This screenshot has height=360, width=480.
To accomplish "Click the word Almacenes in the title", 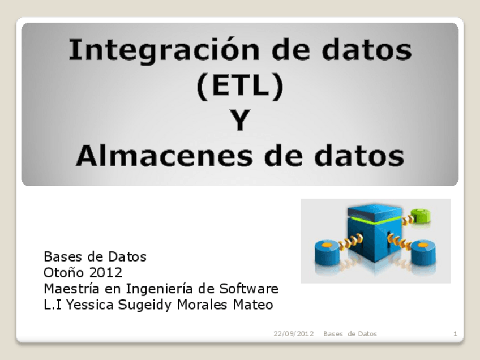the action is (x=164, y=155).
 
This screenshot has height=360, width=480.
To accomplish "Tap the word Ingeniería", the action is (x=160, y=289).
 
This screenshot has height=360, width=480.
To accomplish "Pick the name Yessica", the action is (x=89, y=305).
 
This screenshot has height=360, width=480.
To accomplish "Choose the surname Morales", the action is (x=202, y=305).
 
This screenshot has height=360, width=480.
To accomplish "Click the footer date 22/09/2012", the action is (x=294, y=333).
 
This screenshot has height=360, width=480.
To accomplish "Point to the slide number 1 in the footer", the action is (x=456, y=333).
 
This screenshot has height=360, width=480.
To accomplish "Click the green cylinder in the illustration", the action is (x=421, y=216).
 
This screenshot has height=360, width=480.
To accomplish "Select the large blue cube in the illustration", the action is (x=374, y=233).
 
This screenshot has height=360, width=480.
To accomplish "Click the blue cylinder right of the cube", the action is (x=423, y=253).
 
